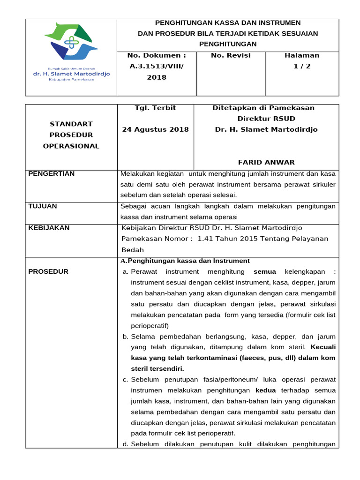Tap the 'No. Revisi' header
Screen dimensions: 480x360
pos(231,55)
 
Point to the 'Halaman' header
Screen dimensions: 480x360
pos(302,55)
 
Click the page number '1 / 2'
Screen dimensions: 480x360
pos(302,66)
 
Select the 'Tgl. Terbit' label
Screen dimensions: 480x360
pos(155,108)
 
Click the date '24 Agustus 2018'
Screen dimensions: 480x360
pos(155,129)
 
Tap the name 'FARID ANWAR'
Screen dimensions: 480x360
pos(266,162)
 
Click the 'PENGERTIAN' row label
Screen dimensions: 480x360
pos(52,174)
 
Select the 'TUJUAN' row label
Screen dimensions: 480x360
pos(43,206)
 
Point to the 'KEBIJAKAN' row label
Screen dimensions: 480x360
pos(49,228)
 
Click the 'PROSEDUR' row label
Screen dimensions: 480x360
pos(48,271)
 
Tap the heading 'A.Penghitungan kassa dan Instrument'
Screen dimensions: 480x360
pos(185,261)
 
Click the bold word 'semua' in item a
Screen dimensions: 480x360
pos(265,271)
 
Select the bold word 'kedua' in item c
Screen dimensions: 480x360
pos(265,390)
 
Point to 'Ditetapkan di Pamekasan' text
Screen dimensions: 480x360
pos(263,108)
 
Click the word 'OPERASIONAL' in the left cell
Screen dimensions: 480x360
pos(71,146)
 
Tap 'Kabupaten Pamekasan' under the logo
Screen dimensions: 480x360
pos(71,79)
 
